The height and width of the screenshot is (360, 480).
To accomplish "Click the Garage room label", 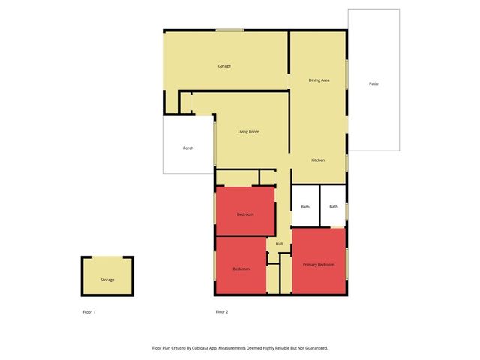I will coord(224,66).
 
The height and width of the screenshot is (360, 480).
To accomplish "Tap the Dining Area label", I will coord(319,79).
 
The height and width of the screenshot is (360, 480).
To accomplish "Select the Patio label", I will coord(373,83).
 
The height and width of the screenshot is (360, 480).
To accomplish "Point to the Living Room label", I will coord(248,132).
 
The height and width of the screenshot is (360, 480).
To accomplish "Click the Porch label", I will coord(188,148).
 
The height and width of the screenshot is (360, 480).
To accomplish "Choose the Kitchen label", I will coord(318,160).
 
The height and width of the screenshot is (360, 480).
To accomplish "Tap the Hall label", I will coord(279,244).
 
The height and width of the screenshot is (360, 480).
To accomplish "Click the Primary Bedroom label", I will coord(319,265).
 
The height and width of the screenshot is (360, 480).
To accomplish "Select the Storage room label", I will coord(107,280).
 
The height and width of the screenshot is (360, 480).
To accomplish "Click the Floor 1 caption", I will coord(89,311).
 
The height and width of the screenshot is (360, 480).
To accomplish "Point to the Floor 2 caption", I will coord(221,311).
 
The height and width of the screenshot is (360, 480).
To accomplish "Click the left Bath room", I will coord(305,205).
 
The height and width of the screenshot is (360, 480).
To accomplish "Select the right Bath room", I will coord(333,205).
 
